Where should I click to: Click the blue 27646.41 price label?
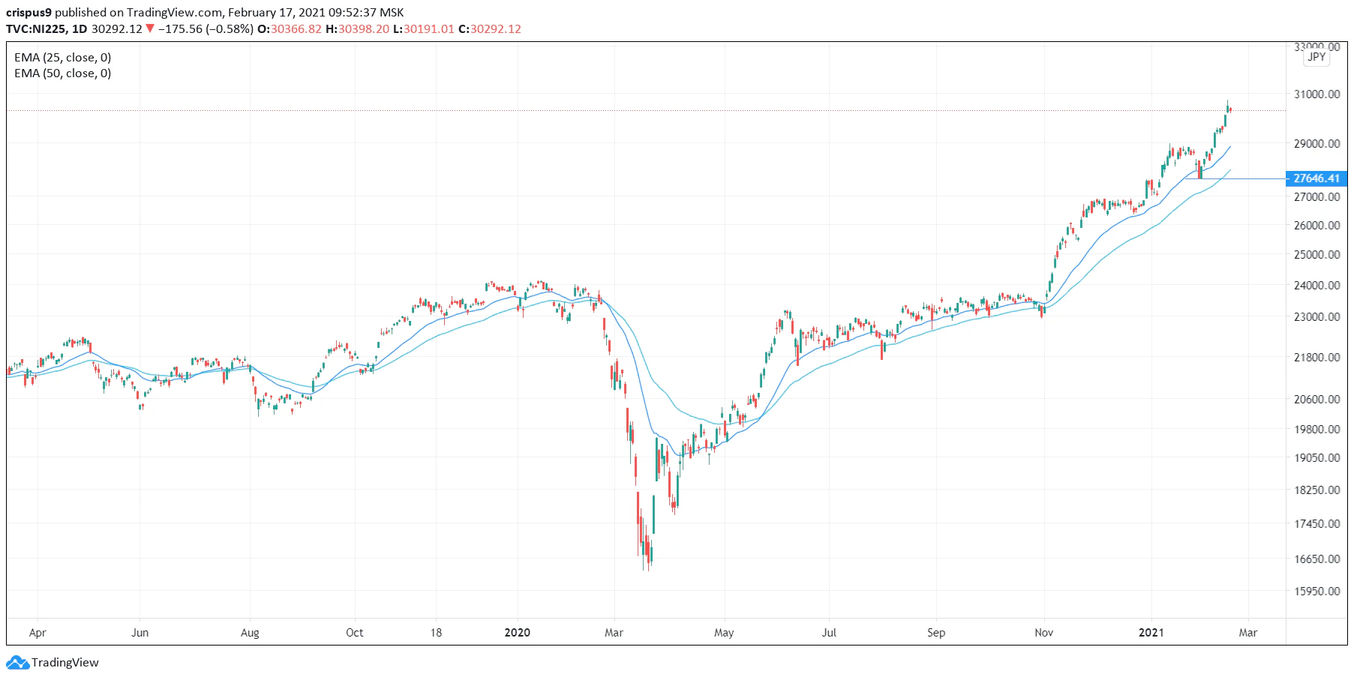[x=1316, y=178]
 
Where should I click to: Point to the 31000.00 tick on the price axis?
[x=1316, y=94]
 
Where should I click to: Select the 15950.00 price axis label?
[x=1316, y=591]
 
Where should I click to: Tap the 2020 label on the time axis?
[x=517, y=633]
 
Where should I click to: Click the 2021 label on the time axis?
[x=1151, y=633]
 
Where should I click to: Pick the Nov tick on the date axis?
[x=1043, y=633]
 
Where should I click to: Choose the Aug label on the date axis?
[x=250, y=633]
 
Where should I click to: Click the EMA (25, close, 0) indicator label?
[x=63, y=58]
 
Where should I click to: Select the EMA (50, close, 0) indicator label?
[x=63, y=73]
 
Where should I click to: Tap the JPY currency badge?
[x=1316, y=57]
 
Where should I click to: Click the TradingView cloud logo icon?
[x=17, y=663]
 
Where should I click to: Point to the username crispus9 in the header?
[x=29, y=13]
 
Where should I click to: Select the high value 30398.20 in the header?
[x=364, y=29]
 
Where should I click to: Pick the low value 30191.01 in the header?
[x=428, y=29]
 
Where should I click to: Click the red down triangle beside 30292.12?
[x=150, y=29]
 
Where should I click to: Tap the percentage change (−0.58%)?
[x=230, y=29]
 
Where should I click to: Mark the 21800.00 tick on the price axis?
[x=1316, y=358]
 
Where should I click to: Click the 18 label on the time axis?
[x=436, y=633]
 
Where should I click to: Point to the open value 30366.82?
[x=296, y=29]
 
